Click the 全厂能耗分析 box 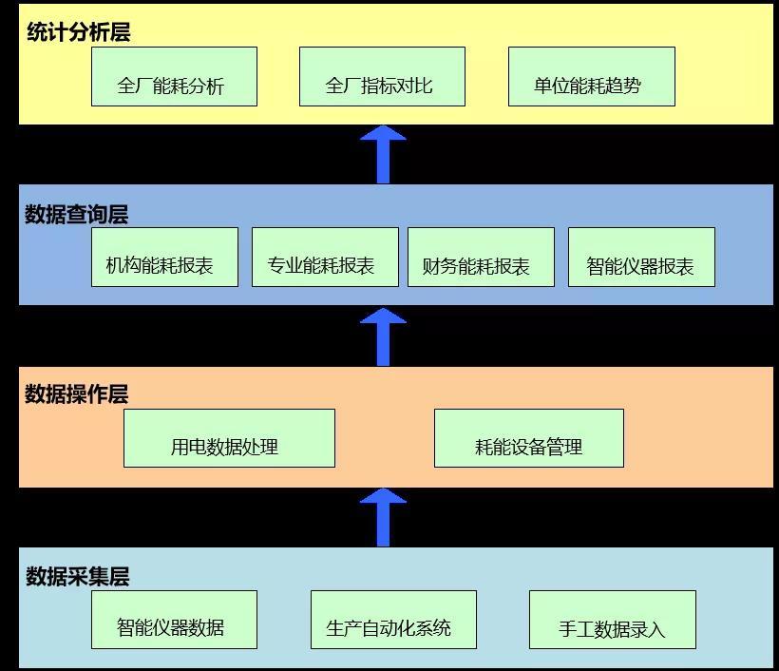click(174, 77)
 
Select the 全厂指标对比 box click(382, 77)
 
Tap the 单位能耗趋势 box click(591, 77)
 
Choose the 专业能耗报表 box click(325, 258)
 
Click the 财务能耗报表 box click(481, 258)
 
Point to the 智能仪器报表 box click(641, 258)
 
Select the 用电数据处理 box click(229, 438)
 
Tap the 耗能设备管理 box click(528, 438)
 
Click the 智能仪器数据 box click(174, 620)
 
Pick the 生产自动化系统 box click(393, 620)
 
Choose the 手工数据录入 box click(612, 620)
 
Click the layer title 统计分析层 click(78, 32)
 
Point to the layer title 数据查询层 click(76, 214)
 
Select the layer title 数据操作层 click(76, 393)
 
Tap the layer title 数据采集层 click(77, 576)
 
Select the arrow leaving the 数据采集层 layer click(383, 518)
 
